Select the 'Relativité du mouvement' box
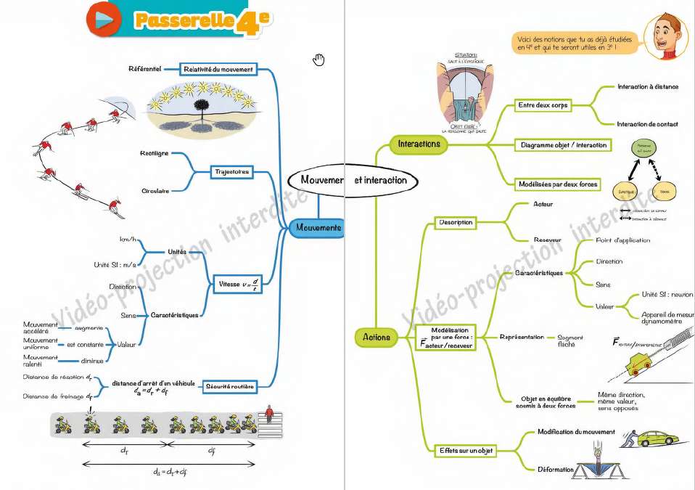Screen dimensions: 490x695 point(218,70)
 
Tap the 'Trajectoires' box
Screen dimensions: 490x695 point(231,172)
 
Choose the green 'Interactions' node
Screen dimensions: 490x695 point(419,144)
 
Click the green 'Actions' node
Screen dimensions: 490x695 point(377,337)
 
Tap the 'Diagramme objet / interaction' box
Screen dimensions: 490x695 point(564,145)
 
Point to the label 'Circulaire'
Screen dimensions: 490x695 point(155,191)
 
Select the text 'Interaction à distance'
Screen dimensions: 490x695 point(648,86)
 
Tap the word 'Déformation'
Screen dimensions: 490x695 point(556,470)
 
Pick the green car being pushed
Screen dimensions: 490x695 point(659,438)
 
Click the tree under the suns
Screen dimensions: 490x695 point(197,109)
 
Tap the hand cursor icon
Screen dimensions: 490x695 point(318,60)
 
